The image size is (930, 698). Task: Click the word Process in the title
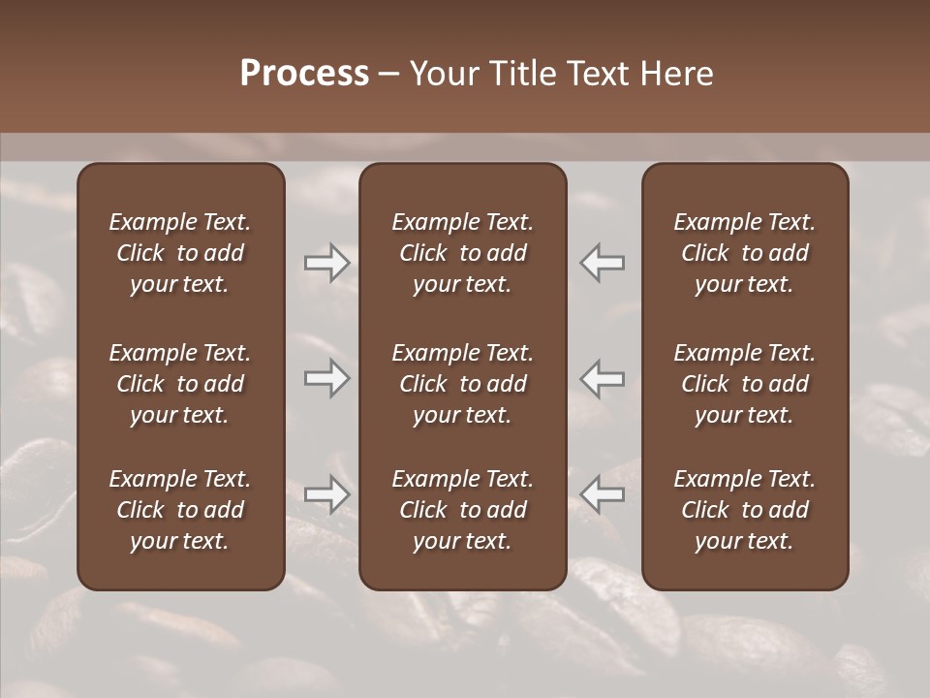[x=304, y=74]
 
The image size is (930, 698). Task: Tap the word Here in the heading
[x=677, y=74]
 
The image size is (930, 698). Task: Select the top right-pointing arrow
[x=327, y=263]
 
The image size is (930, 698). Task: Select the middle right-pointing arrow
[x=327, y=378]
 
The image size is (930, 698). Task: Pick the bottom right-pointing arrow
[x=327, y=493]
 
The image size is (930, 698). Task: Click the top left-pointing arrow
[x=602, y=263]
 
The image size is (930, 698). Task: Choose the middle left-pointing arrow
[x=602, y=378]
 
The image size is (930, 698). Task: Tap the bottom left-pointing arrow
[x=602, y=493]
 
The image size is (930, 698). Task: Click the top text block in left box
[x=180, y=253]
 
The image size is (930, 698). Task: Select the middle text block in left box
[x=180, y=384]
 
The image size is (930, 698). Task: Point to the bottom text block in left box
[x=180, y=510]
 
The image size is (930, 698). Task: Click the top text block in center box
[x=462, y=253]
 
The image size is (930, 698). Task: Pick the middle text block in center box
[x=462, y=384]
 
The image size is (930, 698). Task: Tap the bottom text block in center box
[x=462, y=510]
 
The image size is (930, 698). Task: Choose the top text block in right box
[x=744, y=253]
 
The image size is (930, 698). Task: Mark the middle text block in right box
[x=744, y=384]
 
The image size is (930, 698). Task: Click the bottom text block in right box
[x=744, y=510]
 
